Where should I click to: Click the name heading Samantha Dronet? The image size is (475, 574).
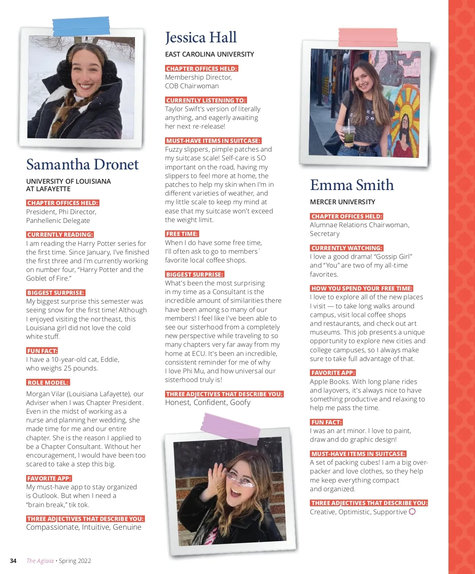82,164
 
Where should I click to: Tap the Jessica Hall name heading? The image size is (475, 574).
201,38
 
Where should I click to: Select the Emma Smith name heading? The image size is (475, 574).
352,185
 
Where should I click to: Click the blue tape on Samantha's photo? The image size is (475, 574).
81,26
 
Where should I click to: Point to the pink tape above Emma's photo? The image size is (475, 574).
368,37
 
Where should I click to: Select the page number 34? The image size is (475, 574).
13,561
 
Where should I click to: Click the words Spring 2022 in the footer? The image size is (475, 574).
75,561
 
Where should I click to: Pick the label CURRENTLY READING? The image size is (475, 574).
60,234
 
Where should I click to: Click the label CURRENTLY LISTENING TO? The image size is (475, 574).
206,100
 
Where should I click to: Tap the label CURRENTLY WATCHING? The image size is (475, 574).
347,248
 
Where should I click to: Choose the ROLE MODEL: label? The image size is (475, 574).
48,382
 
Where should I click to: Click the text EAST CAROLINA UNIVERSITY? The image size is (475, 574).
209,54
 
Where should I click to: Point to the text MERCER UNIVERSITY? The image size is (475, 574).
342,202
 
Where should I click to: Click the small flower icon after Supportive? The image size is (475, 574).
412,511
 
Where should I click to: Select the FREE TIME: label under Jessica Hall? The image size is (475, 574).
182,234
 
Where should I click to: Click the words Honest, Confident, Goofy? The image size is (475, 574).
208,403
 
